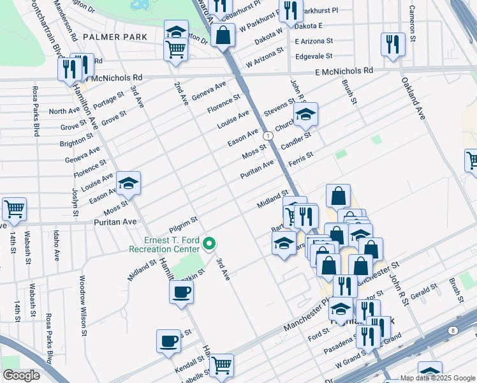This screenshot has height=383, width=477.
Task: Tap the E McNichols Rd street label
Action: coord(343,71)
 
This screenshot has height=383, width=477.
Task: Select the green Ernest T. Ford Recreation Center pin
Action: coord(209,243)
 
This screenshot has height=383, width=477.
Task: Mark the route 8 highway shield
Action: coord(453,330)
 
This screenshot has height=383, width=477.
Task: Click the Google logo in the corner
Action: coord(22,375)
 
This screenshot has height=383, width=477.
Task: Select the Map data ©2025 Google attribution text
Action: coord(437,378)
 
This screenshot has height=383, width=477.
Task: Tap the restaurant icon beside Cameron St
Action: coord(392,45)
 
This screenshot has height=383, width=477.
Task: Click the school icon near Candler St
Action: coord(305,115)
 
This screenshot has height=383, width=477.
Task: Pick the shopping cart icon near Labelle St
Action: coord(221,366)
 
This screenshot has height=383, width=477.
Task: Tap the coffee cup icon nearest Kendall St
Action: coord(168,341)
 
